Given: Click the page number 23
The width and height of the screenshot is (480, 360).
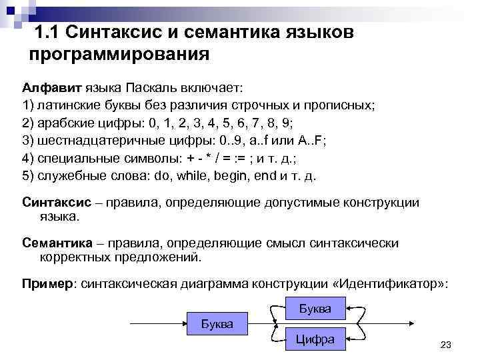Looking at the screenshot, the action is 447,344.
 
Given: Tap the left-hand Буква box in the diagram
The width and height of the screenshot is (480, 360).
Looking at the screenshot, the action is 217,324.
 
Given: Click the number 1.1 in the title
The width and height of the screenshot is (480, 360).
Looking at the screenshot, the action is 47,31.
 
